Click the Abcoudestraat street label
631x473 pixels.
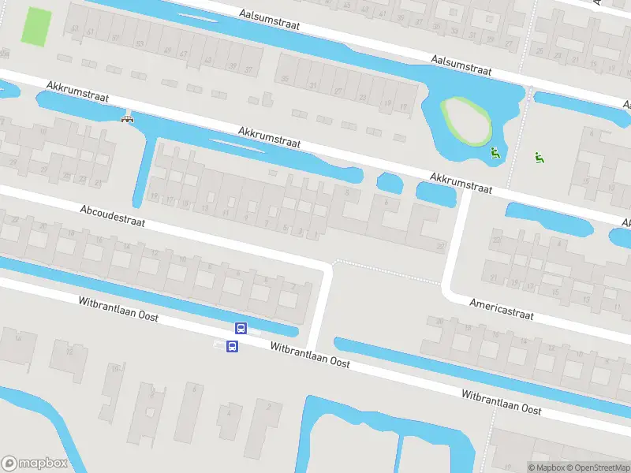click(x=112, y=216)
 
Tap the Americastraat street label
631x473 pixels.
click(x=502, y=308)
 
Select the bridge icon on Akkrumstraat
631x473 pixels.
click(x=127, y=118)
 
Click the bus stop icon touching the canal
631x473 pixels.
click(x=241, y=329)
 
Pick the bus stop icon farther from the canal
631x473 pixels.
click(x=232, y=346)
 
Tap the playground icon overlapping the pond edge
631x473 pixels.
click(x=495, y=153)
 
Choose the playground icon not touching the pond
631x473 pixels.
click(x=540, y=158)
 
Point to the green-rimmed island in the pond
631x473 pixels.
click(x=465, y=120)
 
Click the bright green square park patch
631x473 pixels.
click(x=35, y=27)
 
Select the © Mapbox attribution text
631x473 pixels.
click(x=547, y=467)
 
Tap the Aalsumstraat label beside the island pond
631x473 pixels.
click(x=461, y=65)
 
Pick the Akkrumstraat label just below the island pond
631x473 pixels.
click(x=461, y=183)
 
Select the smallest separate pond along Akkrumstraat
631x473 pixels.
click(x=390, y=183)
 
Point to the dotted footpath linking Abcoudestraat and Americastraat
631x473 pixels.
click(x=386, y=270)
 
